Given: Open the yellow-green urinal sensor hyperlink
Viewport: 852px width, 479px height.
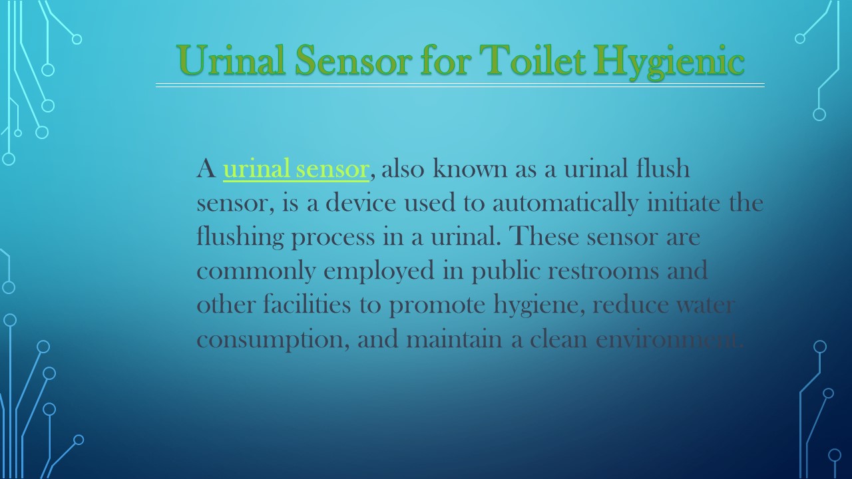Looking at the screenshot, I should click(x=296, y=170).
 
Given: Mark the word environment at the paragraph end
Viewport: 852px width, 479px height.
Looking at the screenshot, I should click(x=668, y=340).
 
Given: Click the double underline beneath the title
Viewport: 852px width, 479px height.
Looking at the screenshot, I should click(x=459, y=85).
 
